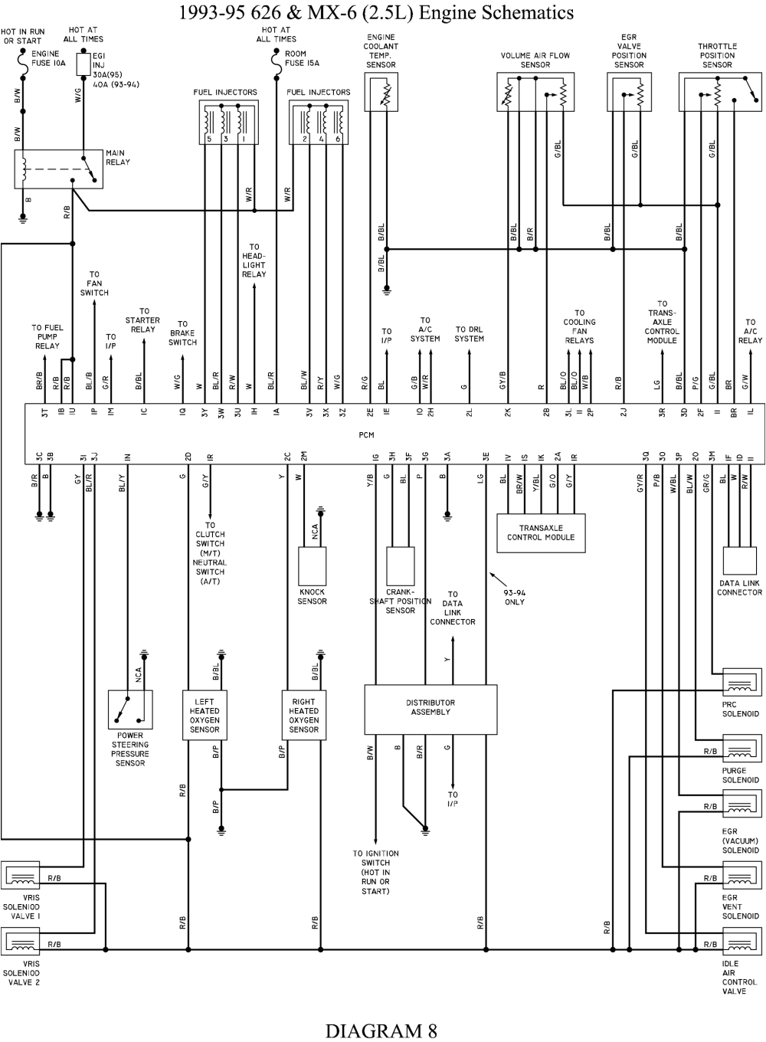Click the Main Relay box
[x=58, y=169]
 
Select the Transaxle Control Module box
[x=540, y=532]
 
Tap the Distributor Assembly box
[x=430, y=708]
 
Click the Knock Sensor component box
[x=312, y=565]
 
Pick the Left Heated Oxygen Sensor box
[x=205, y=716]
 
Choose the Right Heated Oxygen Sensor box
[x=303, y=716]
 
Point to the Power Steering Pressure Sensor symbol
[x=130, y=709]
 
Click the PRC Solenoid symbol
[x=741, y=683]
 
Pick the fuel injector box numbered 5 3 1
[x=225, y=121]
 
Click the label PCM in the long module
[x=366, y=434]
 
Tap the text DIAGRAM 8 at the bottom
[x=381, y=1030]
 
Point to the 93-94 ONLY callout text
[x=515, y=597]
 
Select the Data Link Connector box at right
[x=740, y=561]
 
